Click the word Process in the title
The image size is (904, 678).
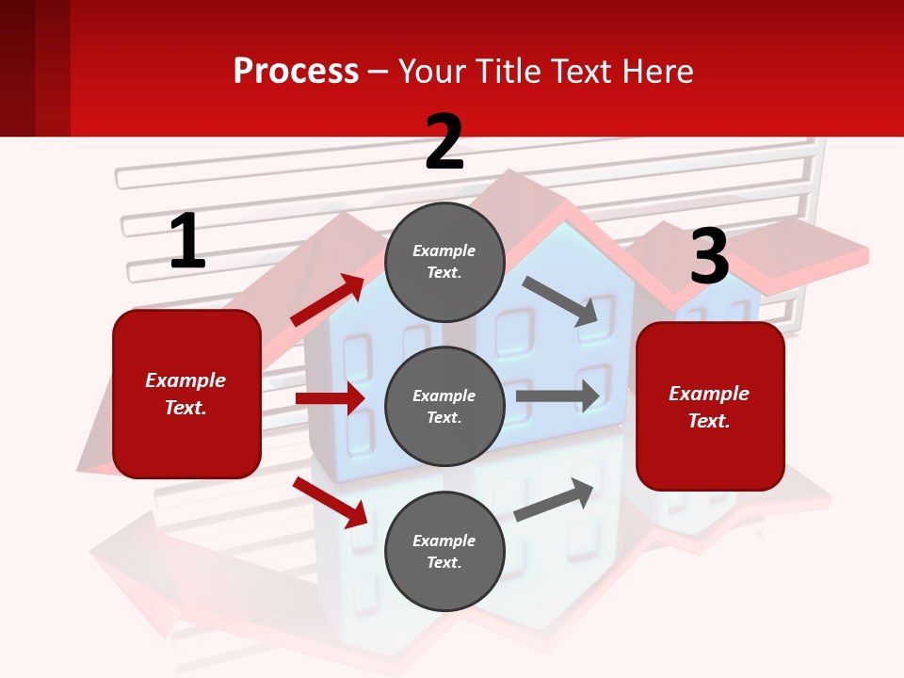coord(296,71)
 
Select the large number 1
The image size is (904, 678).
coord(187,242)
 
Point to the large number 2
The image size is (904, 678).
coord(444,142)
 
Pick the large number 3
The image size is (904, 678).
coord(709,256)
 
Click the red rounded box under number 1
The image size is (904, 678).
coord(186,394)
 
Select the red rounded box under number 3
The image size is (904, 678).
coord(710,406)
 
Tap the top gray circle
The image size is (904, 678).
coord(444,262)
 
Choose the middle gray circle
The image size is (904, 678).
coord(444,406)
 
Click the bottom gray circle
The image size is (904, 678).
coord(444,551)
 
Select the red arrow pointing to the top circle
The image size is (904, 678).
coord(328,300)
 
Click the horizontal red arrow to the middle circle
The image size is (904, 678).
coord(330,398)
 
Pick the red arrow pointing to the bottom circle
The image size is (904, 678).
coord(331,502)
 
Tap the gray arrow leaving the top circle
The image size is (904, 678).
coord(560,301)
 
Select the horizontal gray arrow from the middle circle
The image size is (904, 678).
coord(557,395)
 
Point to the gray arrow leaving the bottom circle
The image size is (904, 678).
coord(554,500)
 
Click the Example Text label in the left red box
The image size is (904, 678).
coord(186,394)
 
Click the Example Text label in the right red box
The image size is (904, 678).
coord(709,407)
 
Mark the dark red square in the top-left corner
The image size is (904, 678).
coord(35,68)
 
